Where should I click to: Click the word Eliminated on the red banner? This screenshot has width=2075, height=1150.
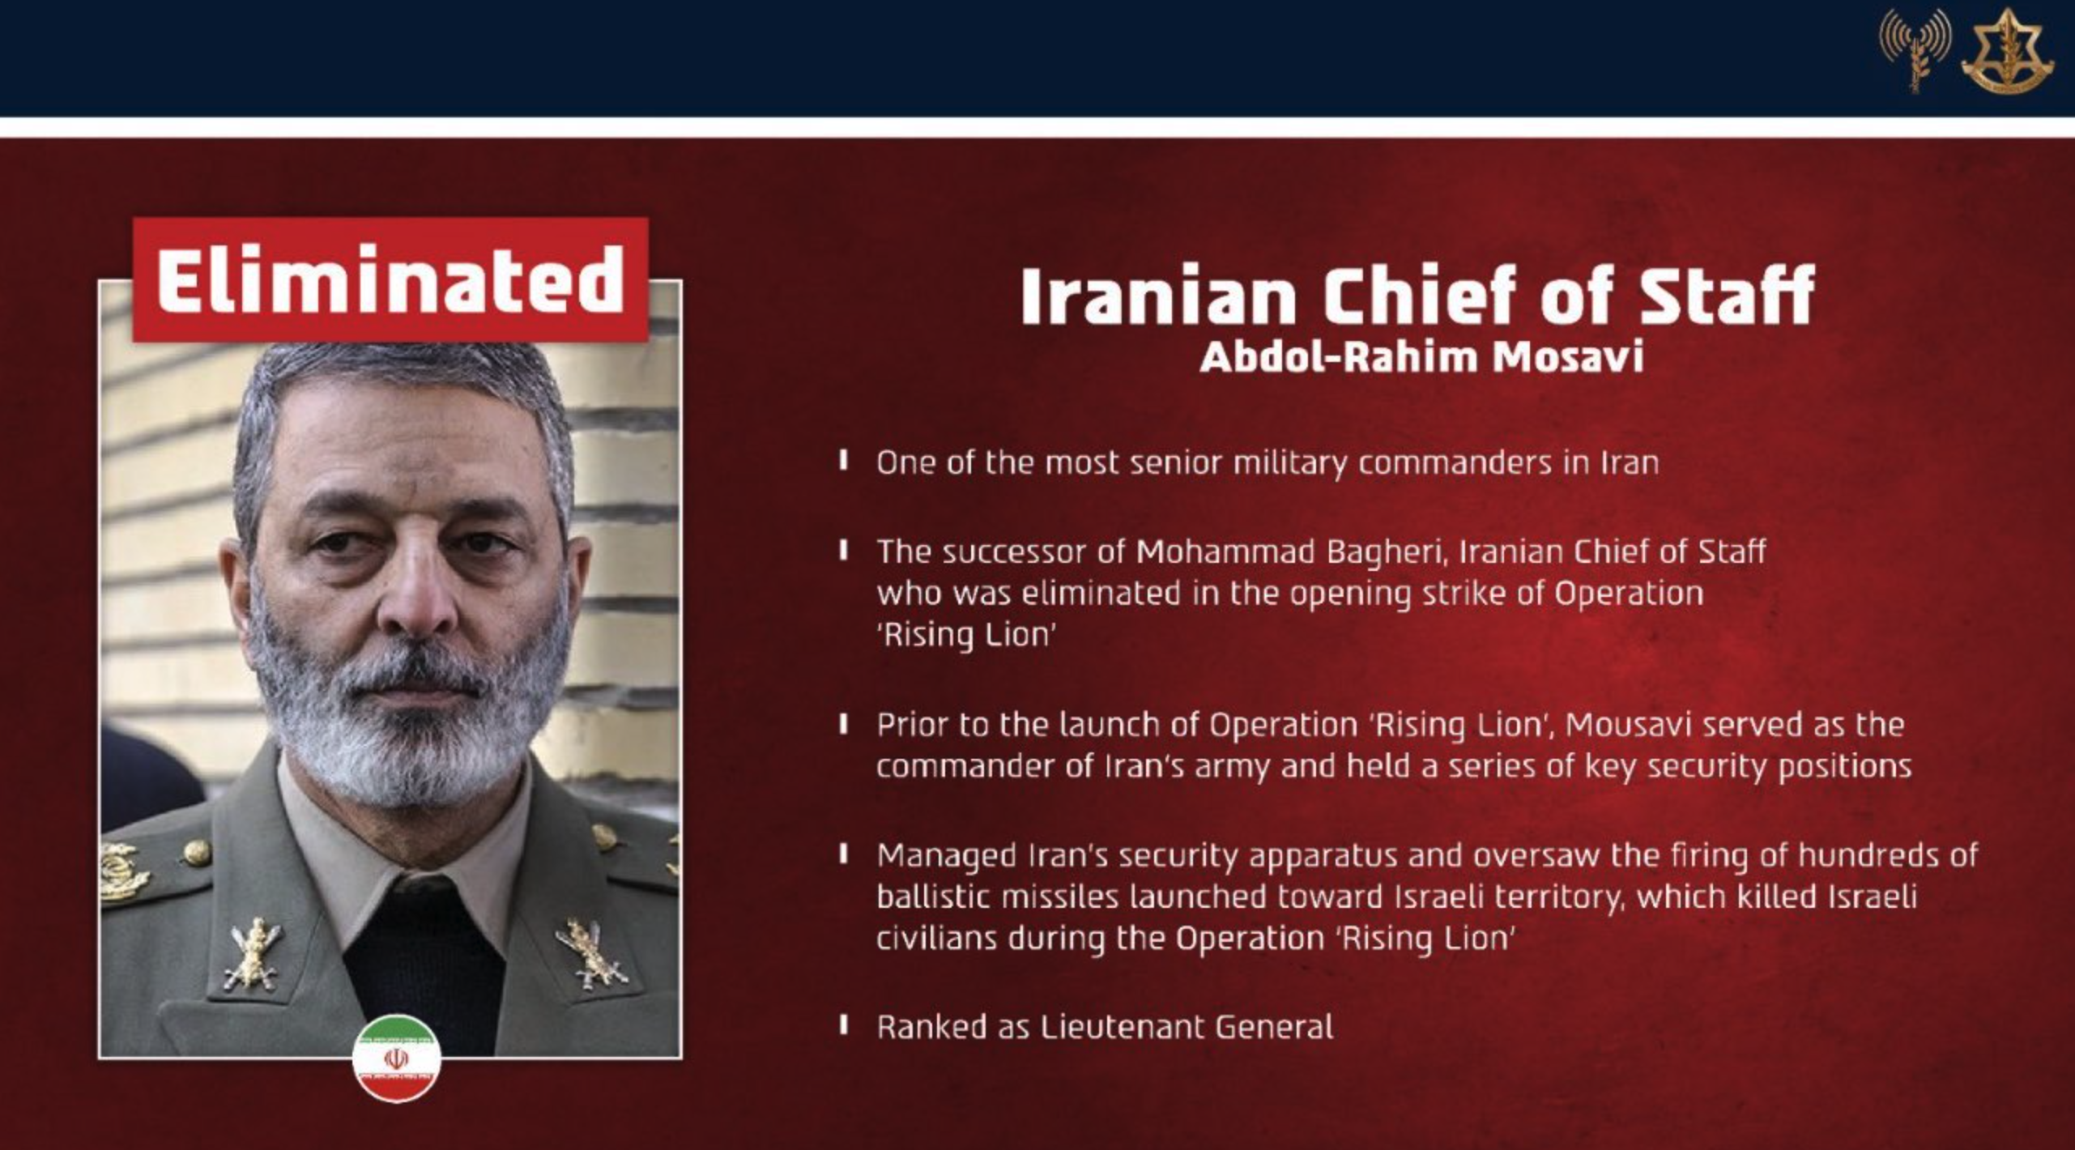390,279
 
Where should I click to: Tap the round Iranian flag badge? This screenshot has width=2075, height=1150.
397,1058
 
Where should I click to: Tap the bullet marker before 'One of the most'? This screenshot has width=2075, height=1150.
844,462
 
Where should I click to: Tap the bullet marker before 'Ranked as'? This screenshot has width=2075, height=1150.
844,1026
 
